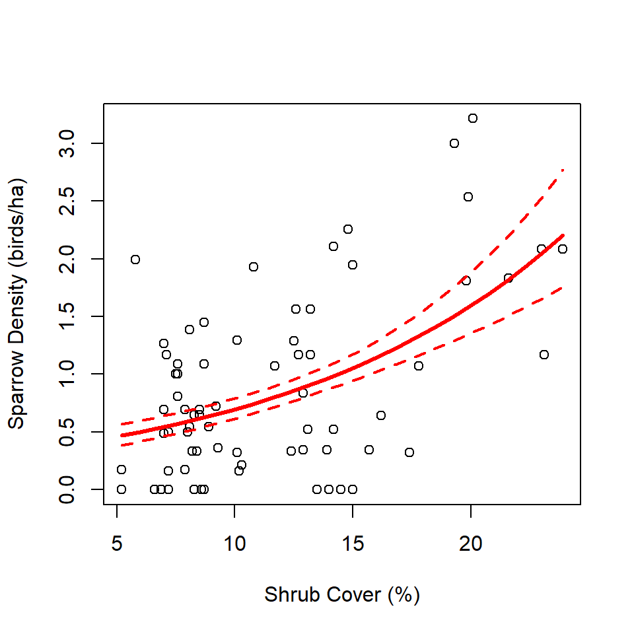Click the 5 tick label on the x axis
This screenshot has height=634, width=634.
coord(117,545)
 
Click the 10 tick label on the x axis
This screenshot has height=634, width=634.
coord(234,545)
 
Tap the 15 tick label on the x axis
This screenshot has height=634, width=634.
coord(353,545)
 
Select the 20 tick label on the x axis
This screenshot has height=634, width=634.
coord(470,545)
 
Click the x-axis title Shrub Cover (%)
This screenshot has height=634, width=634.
coord(342,595)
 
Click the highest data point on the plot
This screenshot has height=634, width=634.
coord(473,118)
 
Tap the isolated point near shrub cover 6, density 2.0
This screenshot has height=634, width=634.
coord(135,260)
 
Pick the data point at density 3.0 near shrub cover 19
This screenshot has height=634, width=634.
coord(454,143)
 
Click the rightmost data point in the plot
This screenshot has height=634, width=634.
coord(563,249)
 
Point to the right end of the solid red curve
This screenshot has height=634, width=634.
coord(563,234)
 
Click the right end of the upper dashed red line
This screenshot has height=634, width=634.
coord(563,170)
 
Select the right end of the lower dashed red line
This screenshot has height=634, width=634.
coord(563,287)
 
